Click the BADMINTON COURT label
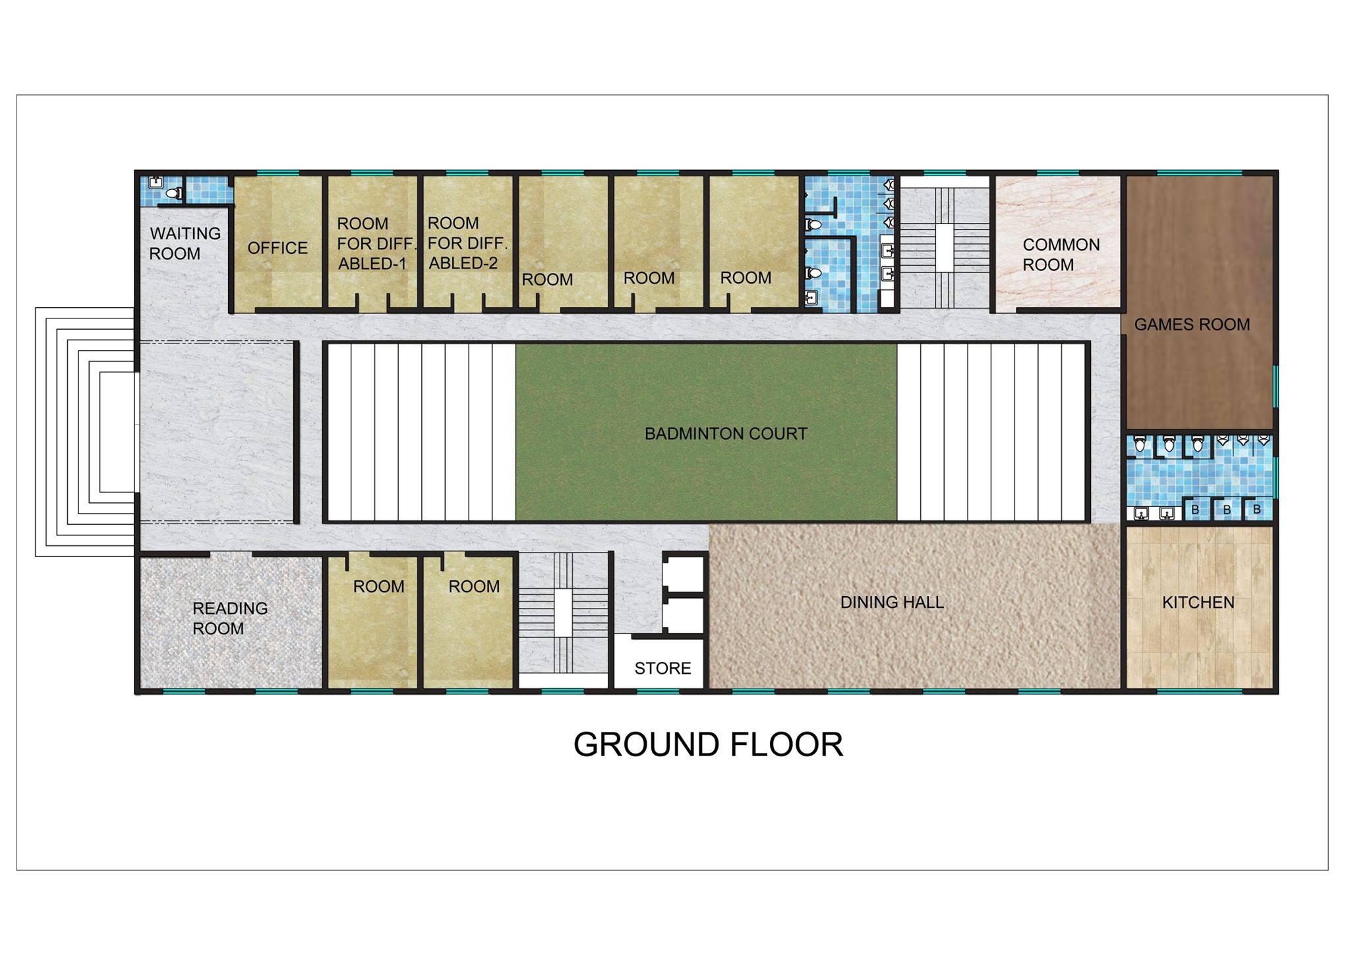pos(726,434)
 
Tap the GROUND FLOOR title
pos(708,744)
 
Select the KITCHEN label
pos(1198,603)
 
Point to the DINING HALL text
pos(892,602)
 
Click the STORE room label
pos(662,669)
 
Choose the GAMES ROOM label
pos(1192,324)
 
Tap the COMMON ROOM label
pos(1061,254)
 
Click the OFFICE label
pos(278,248)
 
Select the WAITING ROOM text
pos(185,243)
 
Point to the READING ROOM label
pos(230,618)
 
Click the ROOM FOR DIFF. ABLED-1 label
pos(376,244)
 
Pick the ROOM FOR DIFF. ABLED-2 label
pos(467,243)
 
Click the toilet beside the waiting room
pos(173,193)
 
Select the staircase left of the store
pos(563,612)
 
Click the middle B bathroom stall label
pos(1227,510)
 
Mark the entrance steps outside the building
pos(86,432)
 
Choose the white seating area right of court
pos(991,432)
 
